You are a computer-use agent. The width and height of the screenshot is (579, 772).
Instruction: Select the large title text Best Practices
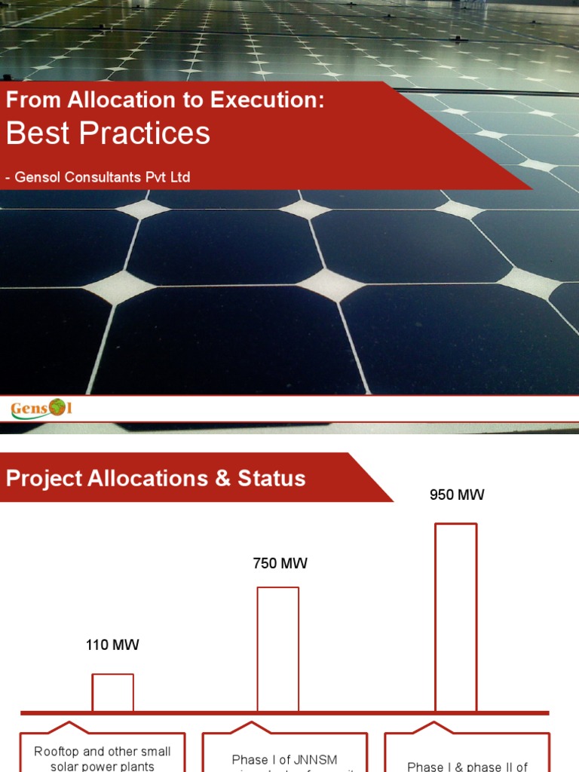108,133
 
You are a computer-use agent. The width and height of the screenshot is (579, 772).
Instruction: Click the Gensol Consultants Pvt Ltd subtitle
98,178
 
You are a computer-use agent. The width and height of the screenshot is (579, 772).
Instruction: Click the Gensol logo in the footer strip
41,409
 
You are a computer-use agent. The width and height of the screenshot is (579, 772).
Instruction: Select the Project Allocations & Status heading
156,478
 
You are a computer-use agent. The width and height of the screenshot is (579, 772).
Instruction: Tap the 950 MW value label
456,495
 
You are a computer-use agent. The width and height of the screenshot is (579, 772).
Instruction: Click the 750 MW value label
280,564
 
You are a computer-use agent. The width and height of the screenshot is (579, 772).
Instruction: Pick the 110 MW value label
112,645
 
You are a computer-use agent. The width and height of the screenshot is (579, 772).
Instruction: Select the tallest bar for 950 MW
455,617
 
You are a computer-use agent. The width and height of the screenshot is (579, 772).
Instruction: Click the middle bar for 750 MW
277,648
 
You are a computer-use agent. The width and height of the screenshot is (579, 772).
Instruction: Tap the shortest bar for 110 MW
112,692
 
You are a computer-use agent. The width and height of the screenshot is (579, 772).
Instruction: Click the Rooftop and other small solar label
103,758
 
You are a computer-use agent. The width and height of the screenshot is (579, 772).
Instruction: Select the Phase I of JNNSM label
284,759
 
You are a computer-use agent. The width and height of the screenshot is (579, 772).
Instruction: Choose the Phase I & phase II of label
467,766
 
